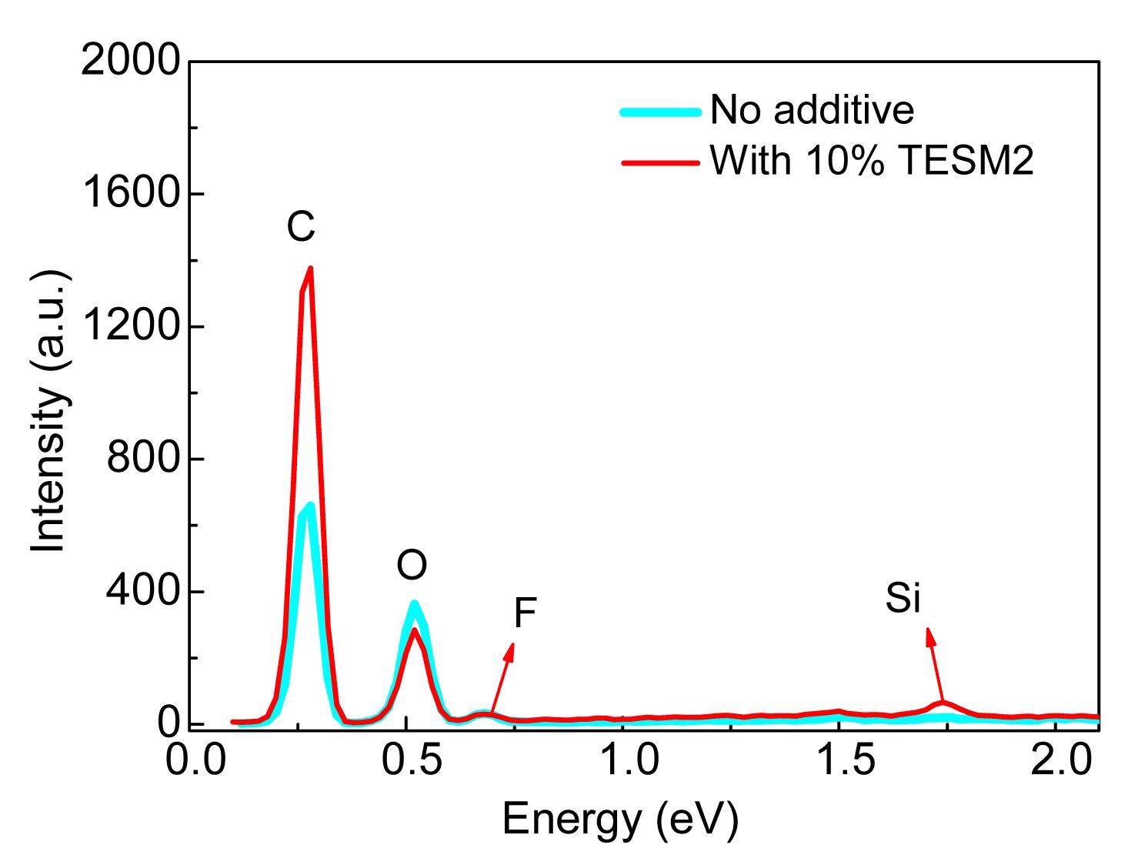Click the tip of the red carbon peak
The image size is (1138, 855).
311,269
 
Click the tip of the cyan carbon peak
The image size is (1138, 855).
310,506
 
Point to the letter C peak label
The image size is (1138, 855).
301,227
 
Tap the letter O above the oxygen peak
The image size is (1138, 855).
412,566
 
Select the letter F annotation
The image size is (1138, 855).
524,614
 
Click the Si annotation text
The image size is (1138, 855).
903,599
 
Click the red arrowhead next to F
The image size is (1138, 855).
509,650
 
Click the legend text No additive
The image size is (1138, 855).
812,110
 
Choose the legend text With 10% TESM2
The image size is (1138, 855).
872,161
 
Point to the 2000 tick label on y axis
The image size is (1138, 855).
130,61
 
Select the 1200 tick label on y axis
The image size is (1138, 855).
130,326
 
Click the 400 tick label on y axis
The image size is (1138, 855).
142,592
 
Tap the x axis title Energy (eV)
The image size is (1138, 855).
620,820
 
